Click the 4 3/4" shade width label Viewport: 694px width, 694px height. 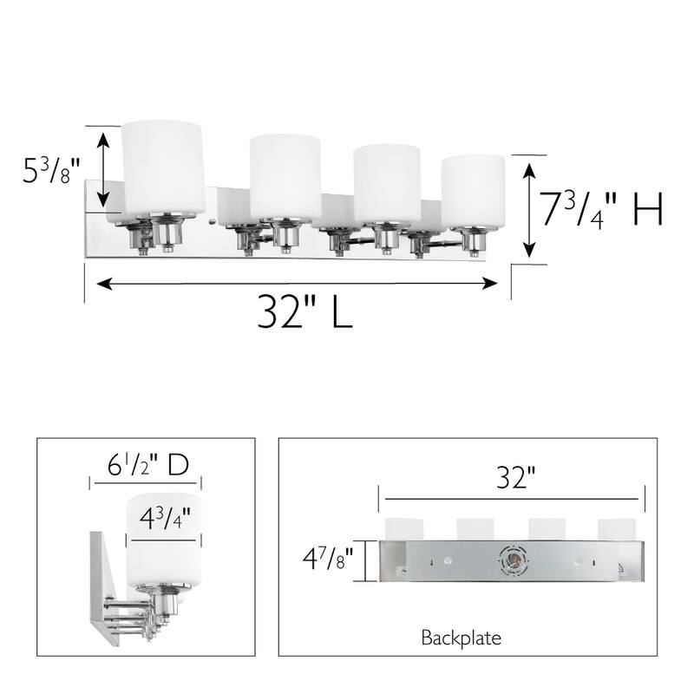point(165,520)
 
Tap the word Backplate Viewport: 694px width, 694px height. point(461,639)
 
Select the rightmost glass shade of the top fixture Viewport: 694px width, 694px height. point(473,193)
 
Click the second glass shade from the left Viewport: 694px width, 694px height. point(285,177)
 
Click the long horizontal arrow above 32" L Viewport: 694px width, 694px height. point(297,282)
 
